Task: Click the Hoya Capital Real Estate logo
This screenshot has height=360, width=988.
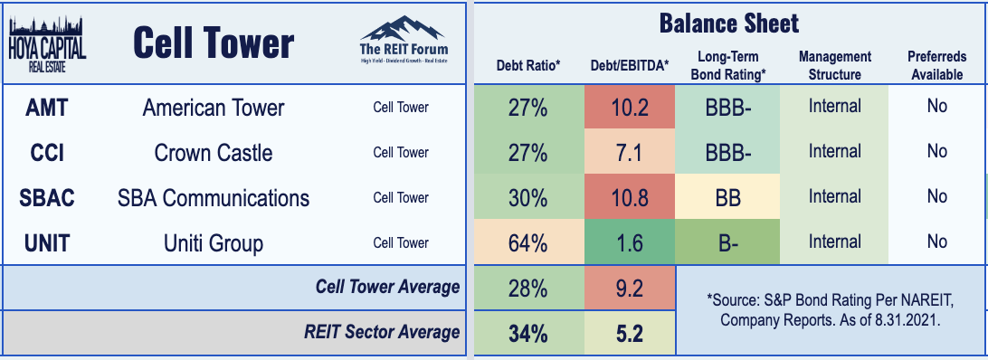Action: (x=48, y=44)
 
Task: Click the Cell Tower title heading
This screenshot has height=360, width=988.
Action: (x=214, y=44)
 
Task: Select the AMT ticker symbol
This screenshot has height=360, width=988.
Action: (x=47, y=108)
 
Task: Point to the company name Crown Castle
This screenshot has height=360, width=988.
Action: (x=214, y=153)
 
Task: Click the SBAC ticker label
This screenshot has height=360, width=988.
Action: (x=47, y=198)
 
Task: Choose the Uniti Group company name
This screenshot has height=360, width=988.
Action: (x=214, y=243)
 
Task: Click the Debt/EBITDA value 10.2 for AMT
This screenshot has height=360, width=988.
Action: (x=630, y=108)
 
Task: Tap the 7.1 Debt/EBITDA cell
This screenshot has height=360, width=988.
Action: (x=630, y=153)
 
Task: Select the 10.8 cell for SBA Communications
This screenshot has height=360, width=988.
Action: (x=630, y=198)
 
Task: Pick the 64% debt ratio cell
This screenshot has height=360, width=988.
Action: (x=528, y=243)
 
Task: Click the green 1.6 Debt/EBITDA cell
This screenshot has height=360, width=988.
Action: (x=630, y=243)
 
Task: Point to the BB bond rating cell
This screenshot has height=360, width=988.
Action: (x=727, y=198)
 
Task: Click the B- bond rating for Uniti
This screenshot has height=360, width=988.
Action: (x=727, y=243)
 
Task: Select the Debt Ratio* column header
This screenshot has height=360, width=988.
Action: (x=528, y=65)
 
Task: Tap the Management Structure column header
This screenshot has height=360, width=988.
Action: (x=835, y=65)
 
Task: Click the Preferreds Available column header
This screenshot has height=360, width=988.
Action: (x=936, y=65)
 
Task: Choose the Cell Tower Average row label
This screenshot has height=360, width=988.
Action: (x=387, y=288)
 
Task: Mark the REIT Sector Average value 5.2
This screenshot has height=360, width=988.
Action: (x=630, y=333)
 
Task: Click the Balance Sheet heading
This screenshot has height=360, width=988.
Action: (x=729, y=24)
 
